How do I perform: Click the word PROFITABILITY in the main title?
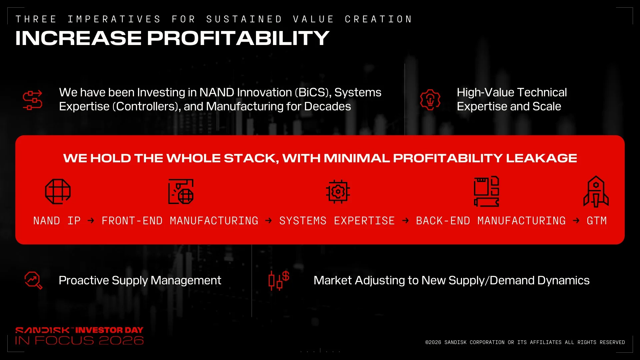tap(238, 38)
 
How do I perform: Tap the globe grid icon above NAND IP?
tap(58, 191)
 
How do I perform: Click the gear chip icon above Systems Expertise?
tap(338, 191)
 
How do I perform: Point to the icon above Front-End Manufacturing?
tap(181, 191)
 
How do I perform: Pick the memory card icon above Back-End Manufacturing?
tap(487, 191)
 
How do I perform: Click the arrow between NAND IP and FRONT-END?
tap(91, 221)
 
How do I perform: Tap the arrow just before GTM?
tap(576, 221)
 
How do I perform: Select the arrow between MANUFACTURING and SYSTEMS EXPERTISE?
tap(269, 221)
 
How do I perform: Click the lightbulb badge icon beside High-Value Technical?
tap(430, 100)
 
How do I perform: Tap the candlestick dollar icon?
tap(279, 280)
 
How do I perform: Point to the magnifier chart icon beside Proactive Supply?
tap(33, 280)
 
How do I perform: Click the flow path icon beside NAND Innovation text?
tap(32, 100)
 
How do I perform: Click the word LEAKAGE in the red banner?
tap(541, 158)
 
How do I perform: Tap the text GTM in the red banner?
tap(597, 221)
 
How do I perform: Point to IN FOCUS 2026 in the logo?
tap(79, 340)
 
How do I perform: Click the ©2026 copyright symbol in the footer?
tap(427, 342)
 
